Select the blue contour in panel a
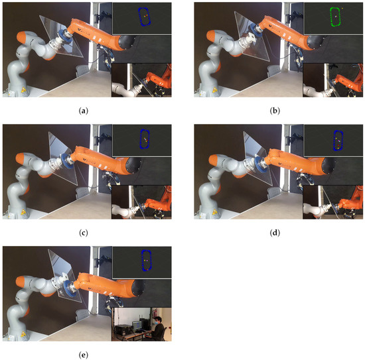pos(144,17)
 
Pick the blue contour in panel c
pos(144,139)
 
